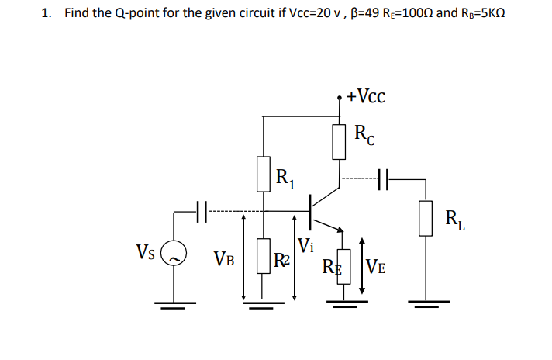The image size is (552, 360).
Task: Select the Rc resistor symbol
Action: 340,140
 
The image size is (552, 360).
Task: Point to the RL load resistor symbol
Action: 426,217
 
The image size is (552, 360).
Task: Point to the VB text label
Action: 225,257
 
